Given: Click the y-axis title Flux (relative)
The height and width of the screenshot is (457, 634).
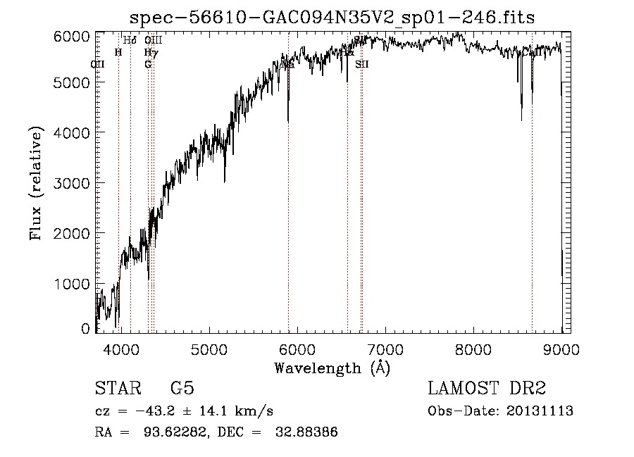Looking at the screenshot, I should click(x=37, y=183).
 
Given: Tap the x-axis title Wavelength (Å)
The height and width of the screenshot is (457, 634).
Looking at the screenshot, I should click(x=332, y=368).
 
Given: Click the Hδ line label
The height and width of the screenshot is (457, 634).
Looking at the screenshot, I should click(x=130, y=41).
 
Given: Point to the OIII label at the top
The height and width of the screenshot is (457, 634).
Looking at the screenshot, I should click(x=154, y=41).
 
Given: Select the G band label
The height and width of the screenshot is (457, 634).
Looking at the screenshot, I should click(x=148, y=64).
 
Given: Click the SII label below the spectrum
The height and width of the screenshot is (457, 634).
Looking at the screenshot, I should click(x=362, y=64).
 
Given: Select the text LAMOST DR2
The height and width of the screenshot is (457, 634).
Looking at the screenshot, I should click(x=487, y=389).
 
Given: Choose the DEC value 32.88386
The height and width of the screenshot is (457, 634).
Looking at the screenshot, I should click(x=309, y=432).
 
